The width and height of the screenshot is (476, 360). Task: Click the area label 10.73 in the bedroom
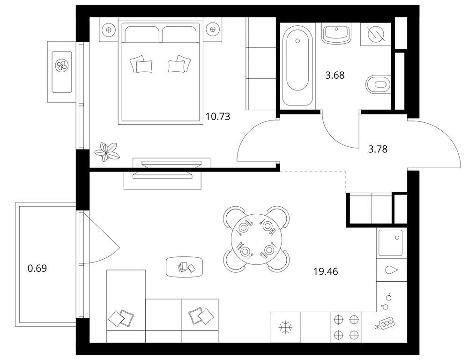click(218, 116)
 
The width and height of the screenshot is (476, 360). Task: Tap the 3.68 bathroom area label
click(335, 75)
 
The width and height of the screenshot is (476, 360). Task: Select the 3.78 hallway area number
click(378, 149)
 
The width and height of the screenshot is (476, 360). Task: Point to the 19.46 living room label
click(326, 271)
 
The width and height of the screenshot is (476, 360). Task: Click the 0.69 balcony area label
click(37, 268)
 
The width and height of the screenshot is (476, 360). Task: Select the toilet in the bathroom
click(379, 84)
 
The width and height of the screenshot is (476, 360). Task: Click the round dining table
click(257, 239)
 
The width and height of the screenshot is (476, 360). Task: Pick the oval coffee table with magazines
click(184, 267)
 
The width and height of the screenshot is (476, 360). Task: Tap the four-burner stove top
click(346, 327)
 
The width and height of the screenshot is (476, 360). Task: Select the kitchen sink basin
click(391, 243)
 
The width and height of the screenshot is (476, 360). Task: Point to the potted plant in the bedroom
click(106, 151)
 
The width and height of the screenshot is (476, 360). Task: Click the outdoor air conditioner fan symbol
click(62, 65)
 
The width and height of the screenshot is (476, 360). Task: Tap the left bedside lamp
click(109, 30)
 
